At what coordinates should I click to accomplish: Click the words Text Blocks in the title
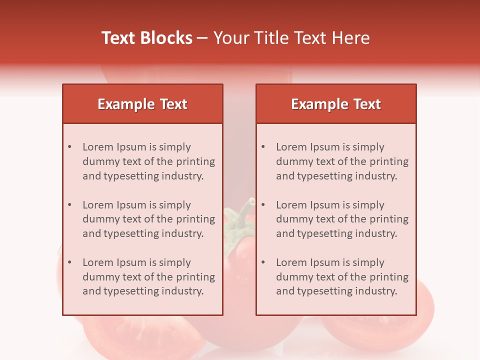coord(147,38)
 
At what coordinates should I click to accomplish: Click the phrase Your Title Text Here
coord(291,38)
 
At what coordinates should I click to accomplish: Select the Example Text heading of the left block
coord(142,104)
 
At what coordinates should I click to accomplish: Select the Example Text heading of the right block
coord(336,104)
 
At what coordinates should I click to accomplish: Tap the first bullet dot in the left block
coord(70,147)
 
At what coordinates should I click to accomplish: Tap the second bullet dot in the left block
coord(70,205)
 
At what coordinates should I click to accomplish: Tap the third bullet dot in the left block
coord(70,262)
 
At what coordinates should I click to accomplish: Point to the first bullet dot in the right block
coord(263,147)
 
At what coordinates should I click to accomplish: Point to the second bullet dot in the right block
coord(263,205)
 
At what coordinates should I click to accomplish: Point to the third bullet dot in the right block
coord(263,262)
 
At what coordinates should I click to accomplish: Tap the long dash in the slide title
coord(203,38)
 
